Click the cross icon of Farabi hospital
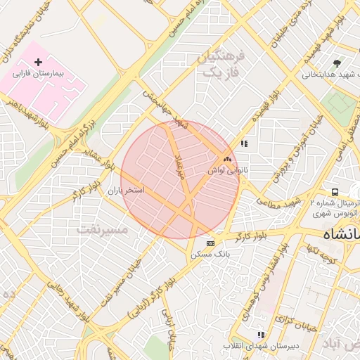coord(38,63)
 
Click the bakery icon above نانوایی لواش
coord(227,160)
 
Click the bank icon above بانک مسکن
coord(210,243)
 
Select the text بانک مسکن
coord(210,254)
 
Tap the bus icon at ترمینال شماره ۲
coord(335,192)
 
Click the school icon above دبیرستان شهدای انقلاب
coord(261,335)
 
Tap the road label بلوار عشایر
coord(98,160)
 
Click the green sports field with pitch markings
coord(340,104)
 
